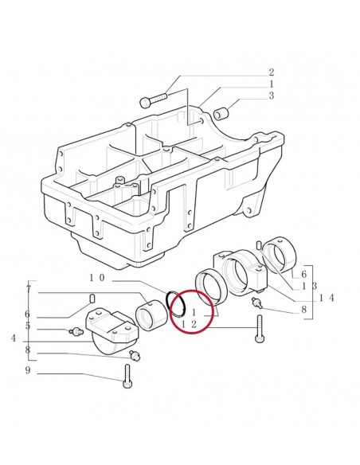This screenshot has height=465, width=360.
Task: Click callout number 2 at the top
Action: tap(271, 72)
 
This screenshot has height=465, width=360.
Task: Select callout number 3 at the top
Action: tap(271, 96)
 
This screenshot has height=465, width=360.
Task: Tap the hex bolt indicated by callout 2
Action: tap(153, 101)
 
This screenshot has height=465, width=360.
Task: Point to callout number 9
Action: tap(28, 370)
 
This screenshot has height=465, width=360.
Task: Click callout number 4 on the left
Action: tap(14, 338)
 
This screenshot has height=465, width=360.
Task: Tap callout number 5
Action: tap(28, 326)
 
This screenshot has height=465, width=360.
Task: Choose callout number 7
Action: tap(28, 287)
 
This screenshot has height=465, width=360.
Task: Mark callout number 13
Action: tap(307, 285)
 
